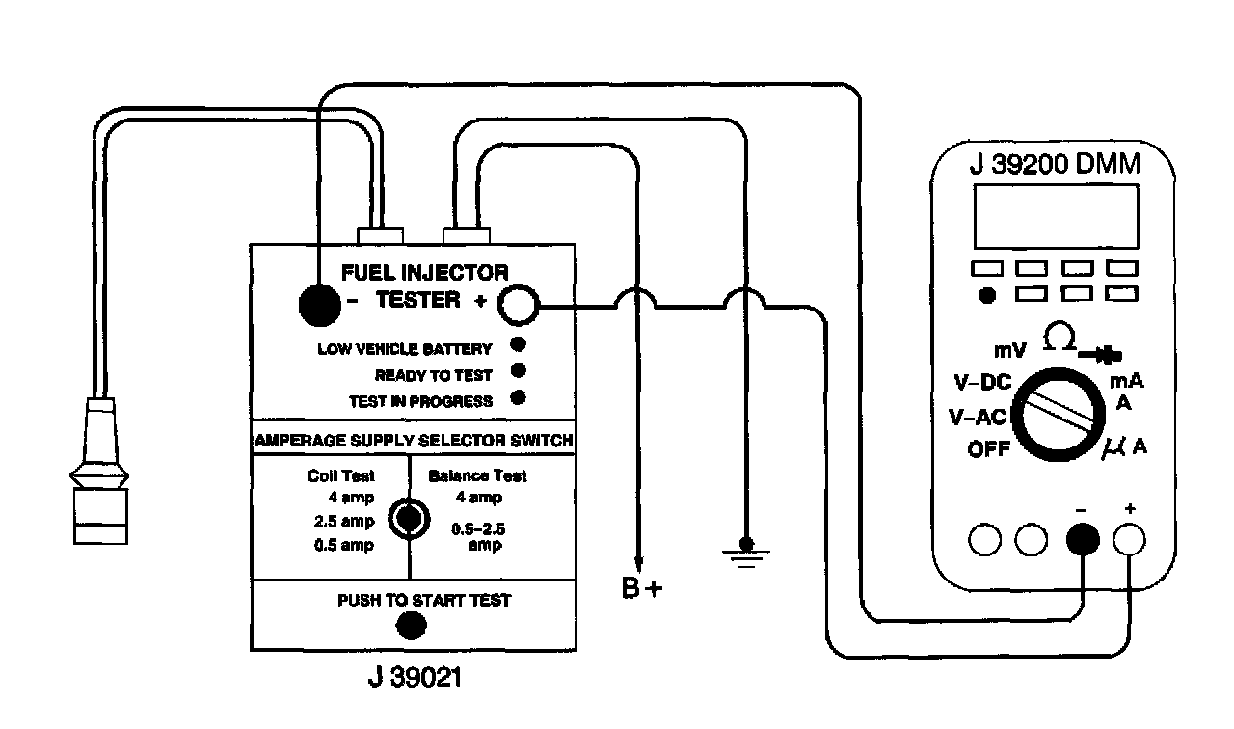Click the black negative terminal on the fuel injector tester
pos(319,306)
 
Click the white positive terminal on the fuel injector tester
pos(516,306)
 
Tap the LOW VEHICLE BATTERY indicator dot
pos(518,345)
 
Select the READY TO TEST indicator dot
pos(518,370)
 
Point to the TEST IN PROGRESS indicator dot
pos(518,396)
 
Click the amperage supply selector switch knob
pos(409,520)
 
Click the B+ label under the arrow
pos(642,587)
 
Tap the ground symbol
pos(744,554)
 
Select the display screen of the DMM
pos(1056,216)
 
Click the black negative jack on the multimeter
pos(1083,540)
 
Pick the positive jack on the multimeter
pos(1129,540)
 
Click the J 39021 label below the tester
pos(415,678)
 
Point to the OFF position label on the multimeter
pos(989,449)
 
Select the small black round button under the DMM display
pos(986,295)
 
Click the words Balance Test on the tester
pos(477,475)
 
